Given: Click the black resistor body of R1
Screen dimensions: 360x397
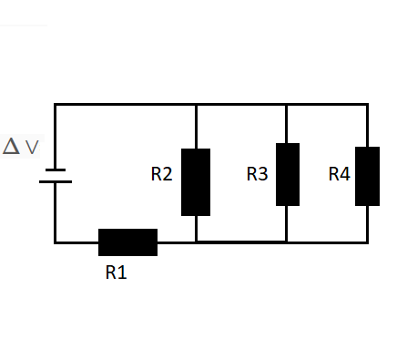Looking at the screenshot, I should tap(127, 242).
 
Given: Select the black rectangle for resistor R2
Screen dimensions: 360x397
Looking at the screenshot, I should tap(196, 181).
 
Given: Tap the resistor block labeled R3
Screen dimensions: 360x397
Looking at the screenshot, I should tap(287, 174).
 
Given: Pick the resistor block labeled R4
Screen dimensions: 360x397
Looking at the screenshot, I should tap(367, 175).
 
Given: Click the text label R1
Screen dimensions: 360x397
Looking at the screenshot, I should tap(116, 273).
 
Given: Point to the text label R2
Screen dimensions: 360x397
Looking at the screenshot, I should tap(161, 174).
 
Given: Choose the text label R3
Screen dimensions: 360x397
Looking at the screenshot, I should tap(257, 173).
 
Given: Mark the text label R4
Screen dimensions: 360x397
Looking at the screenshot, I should tap(339, 173).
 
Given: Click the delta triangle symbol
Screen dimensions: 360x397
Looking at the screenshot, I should tap(11, 146).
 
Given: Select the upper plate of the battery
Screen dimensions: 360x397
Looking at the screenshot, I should tap(55, 170).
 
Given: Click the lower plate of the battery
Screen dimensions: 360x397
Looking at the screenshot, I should tap(55, 180).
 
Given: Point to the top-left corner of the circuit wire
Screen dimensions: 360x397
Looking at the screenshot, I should tap(55, 105).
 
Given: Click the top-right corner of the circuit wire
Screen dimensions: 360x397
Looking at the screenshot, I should tap(367, 105).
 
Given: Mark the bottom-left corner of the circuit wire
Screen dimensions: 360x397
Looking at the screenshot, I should tap(55, 242).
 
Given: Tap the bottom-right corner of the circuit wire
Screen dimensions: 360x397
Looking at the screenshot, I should tap(367, 242).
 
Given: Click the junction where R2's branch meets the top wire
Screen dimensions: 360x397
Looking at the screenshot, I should tap(196, 105).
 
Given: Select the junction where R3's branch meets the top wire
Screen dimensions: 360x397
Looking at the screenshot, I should tap(287, 105).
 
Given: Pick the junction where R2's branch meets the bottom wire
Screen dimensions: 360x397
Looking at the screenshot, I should tap(196, 242).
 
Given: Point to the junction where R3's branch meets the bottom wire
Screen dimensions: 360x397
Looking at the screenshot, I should tap(287, 242).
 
